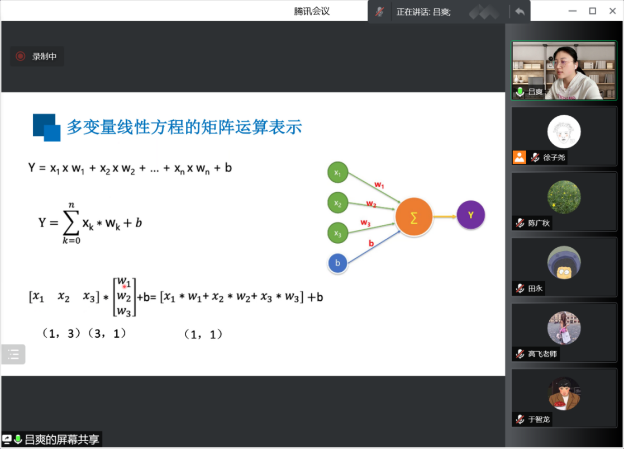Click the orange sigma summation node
tap(413, 217)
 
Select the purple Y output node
tap(470, 215)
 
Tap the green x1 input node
tap(337, 172)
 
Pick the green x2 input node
tap(337, 203)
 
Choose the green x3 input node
tap(337, 233)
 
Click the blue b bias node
tap(337, 263)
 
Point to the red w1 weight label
tap(379, 185)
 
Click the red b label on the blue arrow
tap(371, 243)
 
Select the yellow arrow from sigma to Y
tap(445, 217)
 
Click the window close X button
tap(612, 11)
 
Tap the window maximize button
tap(593, 11)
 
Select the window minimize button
tap(572, 11)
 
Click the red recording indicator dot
tap(20, 56)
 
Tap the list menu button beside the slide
tap(13, 354)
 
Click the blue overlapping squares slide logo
tap(46, 127)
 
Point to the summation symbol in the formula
tap(71, 223)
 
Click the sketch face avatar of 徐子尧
tap(564, 132)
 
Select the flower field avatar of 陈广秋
tap(564, 197)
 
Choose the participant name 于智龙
tap(539, 419)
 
